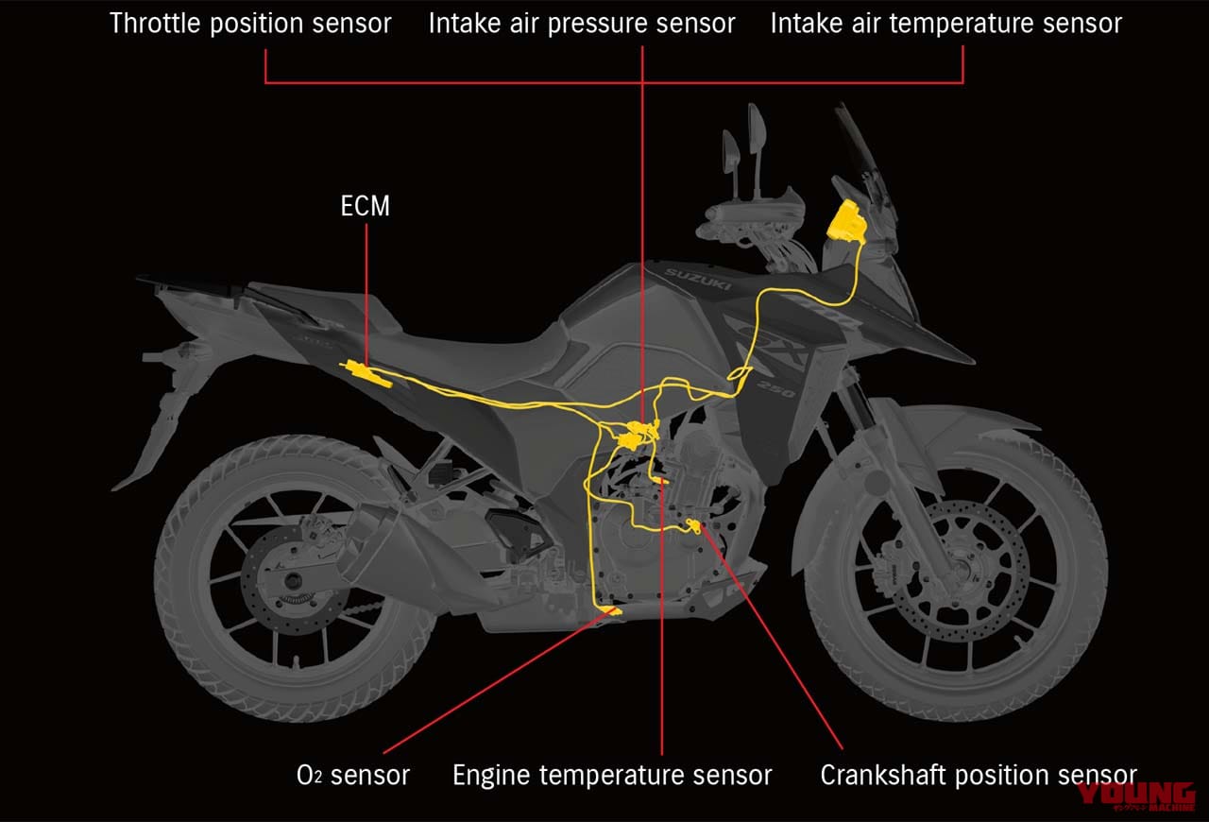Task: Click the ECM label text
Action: click(365, 206)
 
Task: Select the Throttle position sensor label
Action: click(250, 24)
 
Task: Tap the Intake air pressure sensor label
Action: click(582, 24)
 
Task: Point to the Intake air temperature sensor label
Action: click(945, 24)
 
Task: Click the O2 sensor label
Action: click(353, 776)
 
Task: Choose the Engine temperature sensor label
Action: click(612, 776)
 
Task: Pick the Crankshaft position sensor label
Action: click(978, 776)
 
